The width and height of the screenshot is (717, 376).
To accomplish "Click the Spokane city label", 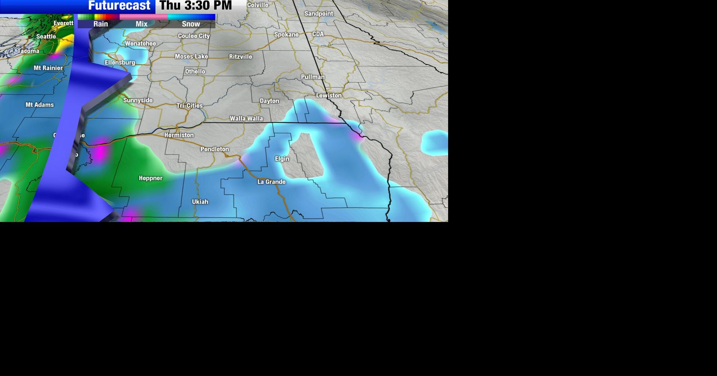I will tap(286, 35).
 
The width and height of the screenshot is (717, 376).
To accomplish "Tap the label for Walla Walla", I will tap(246, 119).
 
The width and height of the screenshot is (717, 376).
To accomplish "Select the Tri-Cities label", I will tap(189, 106).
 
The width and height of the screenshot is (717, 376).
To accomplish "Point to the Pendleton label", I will tap(215, 149).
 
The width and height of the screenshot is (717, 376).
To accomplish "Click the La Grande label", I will tap(271, 182).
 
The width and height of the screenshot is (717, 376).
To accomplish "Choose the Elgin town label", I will tap(282, 159).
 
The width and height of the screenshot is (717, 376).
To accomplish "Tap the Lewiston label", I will tap(329, 95).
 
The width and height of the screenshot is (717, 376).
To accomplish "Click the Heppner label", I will tap(150, 178).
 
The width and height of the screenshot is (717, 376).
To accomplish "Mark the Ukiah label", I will tap(200, 202).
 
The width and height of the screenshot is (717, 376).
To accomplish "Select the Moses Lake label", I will tap(191, 57).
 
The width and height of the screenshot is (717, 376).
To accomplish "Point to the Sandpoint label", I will tap(319, 14).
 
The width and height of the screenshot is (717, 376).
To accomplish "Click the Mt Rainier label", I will tap(48, 68).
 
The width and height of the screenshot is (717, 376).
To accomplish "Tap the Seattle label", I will tap(46, 37).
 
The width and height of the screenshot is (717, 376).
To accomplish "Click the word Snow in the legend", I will tap(191, 24).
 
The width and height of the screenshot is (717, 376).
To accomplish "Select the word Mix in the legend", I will tap(142, 24).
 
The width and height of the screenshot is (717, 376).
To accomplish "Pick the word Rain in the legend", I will tap(100, 24).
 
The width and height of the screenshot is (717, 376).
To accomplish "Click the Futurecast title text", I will tap(119, 6).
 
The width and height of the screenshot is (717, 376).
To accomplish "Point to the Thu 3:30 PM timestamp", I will tap(196, 6).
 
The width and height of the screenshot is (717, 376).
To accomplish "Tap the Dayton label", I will tap(269, 101).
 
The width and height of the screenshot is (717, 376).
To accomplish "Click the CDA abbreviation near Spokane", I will tap(318, 34).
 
